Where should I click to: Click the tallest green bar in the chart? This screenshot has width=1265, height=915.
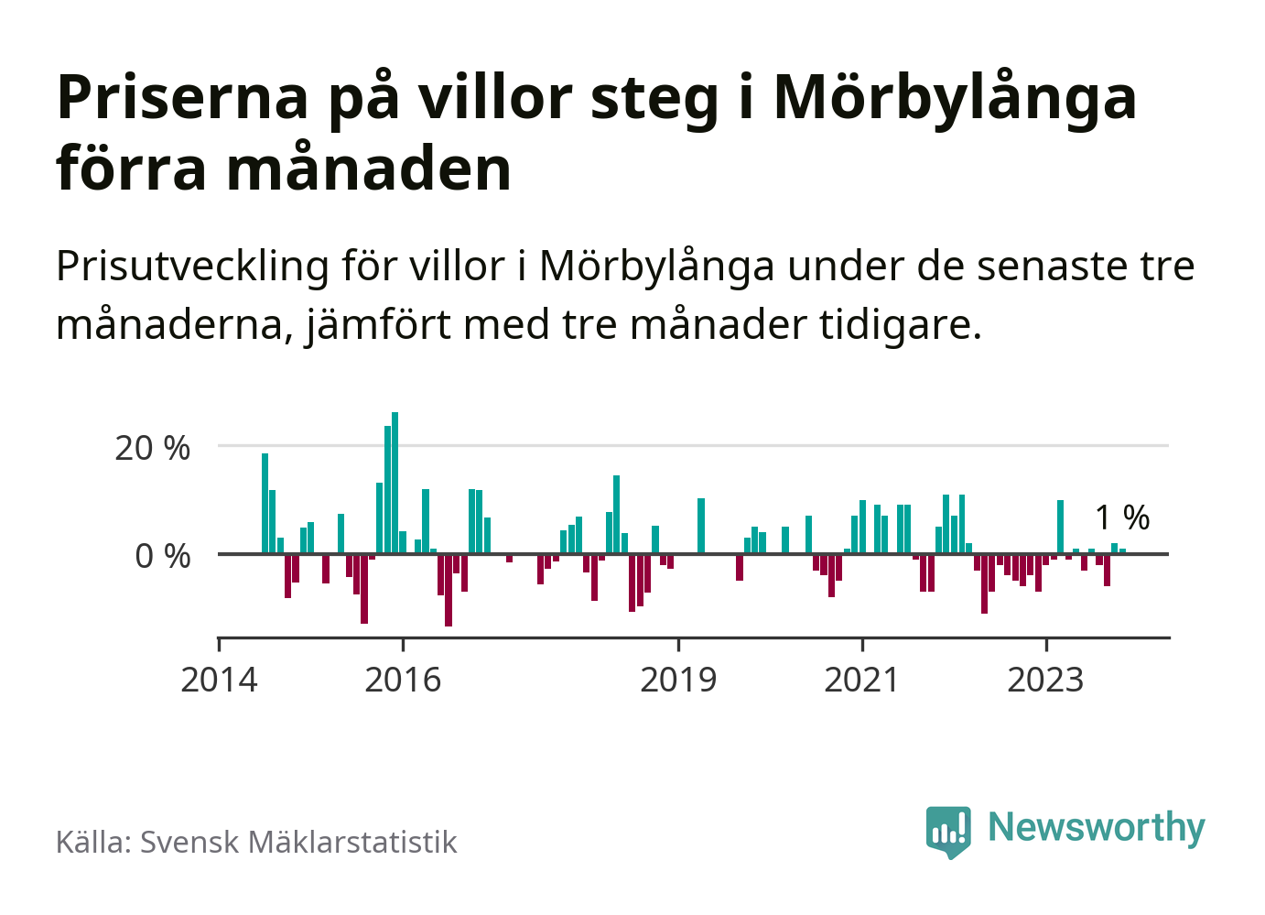[x=395, y=483]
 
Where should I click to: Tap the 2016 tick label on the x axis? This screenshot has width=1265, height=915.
[x=403, y=681]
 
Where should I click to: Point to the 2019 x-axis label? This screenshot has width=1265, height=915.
[x=678, y=681]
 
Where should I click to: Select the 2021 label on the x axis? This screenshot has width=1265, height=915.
[x=862, y=681]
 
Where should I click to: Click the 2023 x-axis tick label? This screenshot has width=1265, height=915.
[x=1045, y=681]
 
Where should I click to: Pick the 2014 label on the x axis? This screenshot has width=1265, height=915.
[x=220, y=681]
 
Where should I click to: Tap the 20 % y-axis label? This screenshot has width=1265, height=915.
[x=152, y=449]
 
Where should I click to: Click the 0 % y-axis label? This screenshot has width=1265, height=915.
[x=163, y=556]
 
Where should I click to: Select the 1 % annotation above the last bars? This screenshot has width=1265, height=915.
[x=1122, y=518]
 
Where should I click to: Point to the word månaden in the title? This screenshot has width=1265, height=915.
[x=369, y=169]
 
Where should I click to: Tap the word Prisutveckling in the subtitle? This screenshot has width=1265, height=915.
[x=192, y=267]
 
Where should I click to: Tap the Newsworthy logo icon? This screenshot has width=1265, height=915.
[x=947, y=831]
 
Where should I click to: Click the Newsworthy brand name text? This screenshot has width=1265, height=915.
[x=1097, y=827]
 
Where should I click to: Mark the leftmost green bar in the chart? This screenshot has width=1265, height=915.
[x=265, y=504]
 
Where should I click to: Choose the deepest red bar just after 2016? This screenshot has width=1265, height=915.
[x=449, y=590]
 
